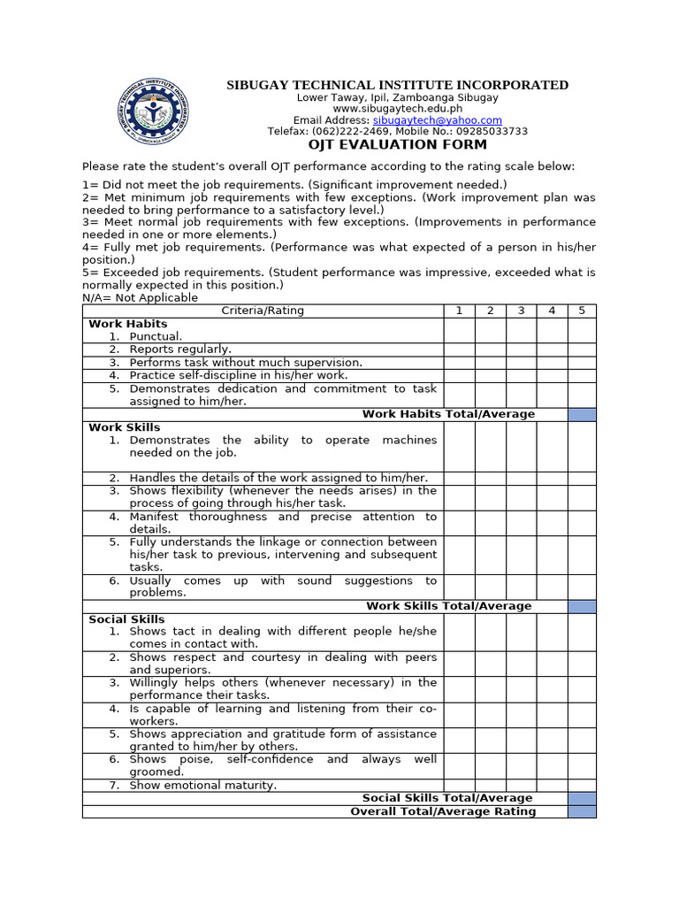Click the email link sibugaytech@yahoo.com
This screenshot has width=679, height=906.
click(x=437, y=120)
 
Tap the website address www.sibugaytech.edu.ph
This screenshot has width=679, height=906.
click(x=397, y=109)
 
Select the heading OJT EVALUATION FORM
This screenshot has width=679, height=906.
click(x=397, y=144)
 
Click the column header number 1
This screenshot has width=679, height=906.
click(x=459, y=311)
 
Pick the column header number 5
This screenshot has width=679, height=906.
click(x=582, y=311)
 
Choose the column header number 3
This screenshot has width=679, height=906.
click(x=521, y=311)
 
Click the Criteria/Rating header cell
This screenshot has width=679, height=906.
click(x=263, y=311)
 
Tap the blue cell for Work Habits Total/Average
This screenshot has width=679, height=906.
click(x=582, y=414)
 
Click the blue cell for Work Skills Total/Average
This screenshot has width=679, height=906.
click(x=582, y=606)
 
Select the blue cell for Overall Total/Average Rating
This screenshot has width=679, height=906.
click(x=582, y=811)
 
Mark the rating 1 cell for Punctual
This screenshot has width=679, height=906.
click(x=459, y=337)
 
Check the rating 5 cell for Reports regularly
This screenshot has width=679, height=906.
click(x=582, y=349)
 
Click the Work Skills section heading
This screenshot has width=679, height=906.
click(x=125, y=427)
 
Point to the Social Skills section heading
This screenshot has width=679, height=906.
click(x=126, y=619)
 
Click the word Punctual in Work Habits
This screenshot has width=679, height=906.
click(x=155, y=337)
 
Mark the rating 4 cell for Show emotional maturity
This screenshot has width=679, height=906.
click(x=552, y=786)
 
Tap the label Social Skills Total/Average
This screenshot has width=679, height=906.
click(x=447, y=798)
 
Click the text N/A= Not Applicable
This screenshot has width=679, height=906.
click(x=140, y=298)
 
